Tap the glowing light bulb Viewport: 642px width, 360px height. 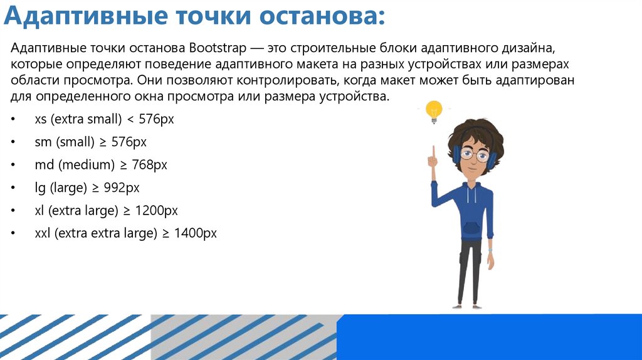click(433, 111)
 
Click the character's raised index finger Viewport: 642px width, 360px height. click(433, 149)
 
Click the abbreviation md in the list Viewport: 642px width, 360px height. click(44, 165)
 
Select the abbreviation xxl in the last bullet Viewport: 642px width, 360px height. click(43, 233)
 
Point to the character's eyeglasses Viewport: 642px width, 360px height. click(474, 153)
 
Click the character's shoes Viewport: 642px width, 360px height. click(467, 305)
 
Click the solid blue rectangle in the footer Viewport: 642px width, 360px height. click(489, 337)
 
